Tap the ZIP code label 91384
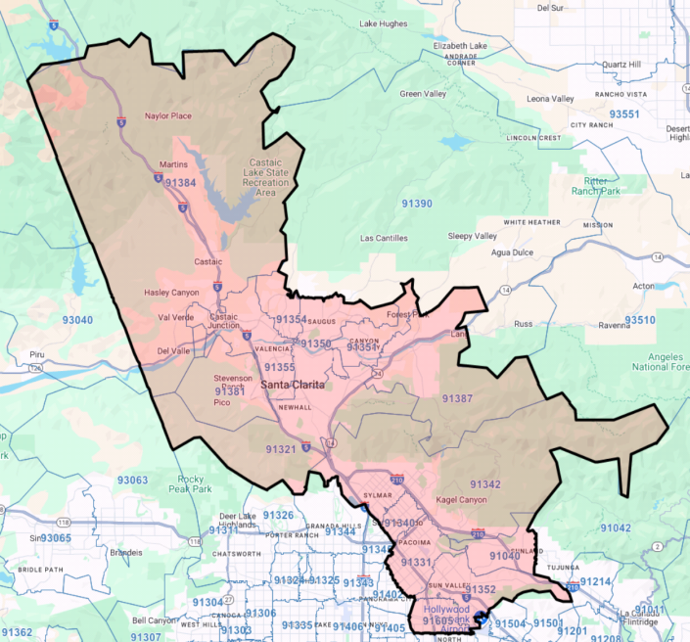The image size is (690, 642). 180,183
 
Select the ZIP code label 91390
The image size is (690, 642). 416,203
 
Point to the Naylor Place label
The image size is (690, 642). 168,116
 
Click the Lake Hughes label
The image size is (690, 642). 382,23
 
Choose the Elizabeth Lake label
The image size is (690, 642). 459,45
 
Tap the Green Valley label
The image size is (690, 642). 422,94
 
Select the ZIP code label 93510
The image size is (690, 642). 640,320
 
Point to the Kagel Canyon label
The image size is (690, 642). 461,500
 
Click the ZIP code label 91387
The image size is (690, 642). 457,398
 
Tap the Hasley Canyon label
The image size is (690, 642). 172,293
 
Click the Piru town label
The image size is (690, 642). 38,354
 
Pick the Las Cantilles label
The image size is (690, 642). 385,238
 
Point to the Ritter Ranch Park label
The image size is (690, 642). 596,186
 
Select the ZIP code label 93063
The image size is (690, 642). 132,480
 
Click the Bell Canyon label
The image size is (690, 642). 154,620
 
